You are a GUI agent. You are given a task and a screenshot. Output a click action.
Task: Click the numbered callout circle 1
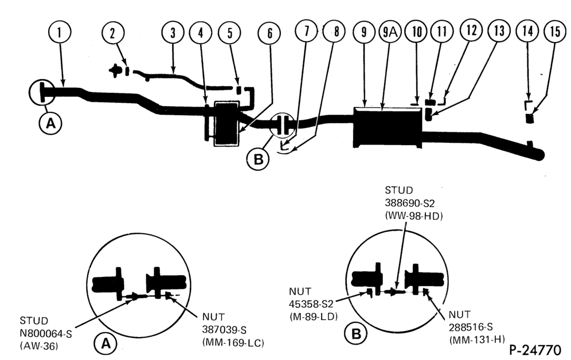60,32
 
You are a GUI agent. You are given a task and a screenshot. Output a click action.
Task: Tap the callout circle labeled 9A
389,32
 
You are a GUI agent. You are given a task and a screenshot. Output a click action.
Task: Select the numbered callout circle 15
555,32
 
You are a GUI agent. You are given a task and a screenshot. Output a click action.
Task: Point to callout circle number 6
269,33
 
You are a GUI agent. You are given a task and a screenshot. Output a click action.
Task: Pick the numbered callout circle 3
173,33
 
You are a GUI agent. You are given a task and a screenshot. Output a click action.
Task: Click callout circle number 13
499,30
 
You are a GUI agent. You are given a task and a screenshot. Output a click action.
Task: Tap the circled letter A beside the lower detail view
105,343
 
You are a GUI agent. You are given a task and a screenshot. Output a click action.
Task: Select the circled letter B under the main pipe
258,159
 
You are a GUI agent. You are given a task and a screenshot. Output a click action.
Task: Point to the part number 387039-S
224,330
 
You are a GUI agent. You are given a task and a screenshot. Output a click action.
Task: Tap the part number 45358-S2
311,304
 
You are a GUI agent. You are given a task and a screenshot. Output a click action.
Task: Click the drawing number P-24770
535,350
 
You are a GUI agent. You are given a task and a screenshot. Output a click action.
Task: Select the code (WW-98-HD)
414,216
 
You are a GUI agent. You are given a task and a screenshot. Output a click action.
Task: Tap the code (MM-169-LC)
233,343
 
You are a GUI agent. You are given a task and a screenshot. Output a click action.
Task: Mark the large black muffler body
388,127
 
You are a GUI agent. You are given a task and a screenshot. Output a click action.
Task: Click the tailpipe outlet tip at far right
541,155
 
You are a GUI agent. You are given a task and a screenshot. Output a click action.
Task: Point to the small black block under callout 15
530,118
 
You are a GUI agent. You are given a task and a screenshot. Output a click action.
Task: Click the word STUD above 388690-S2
399,190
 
